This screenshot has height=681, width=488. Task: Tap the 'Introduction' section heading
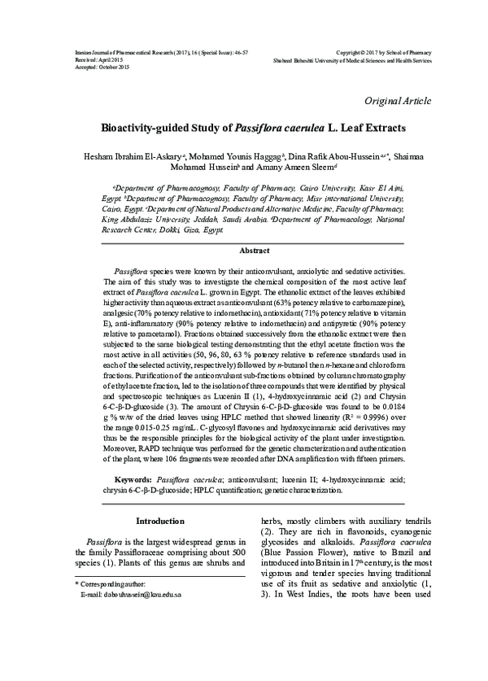pos(160,520)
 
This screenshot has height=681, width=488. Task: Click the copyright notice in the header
pos(377,50)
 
